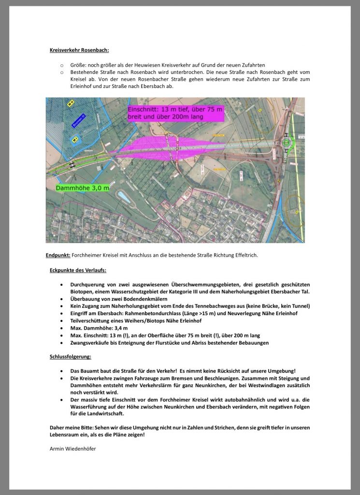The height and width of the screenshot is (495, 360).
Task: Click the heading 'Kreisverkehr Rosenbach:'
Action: click(x=79, y=50)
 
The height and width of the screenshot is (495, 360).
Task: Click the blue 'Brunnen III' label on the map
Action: click(x=78, y=120)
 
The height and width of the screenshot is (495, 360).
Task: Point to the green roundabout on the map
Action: click(x=287, y=143)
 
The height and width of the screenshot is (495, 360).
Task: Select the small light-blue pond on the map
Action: click(x=123, y=197)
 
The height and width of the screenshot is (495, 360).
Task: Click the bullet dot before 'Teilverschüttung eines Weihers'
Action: click(x=60, y=321)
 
